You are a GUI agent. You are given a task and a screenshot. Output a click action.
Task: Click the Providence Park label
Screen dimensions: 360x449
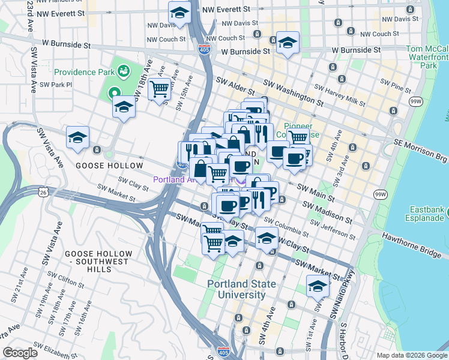(x=85, y=72)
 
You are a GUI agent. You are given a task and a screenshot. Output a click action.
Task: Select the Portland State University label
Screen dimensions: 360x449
(x=237, y=289)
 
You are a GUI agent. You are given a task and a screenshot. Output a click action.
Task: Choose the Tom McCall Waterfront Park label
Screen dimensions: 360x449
(x=427, y=57)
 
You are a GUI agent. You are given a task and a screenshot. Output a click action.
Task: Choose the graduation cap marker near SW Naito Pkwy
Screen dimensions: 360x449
(x=318, y=286)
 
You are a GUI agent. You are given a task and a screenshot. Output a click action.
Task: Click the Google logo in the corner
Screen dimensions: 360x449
(x=20, y=353)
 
